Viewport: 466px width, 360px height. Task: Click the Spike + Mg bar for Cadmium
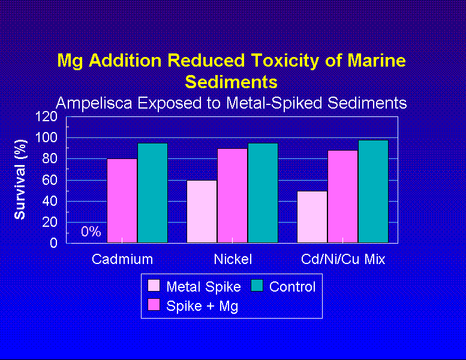122,200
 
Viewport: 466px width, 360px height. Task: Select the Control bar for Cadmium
152,193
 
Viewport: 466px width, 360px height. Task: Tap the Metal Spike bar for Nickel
202,211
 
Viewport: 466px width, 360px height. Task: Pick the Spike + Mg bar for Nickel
232,196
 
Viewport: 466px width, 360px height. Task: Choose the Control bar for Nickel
263,193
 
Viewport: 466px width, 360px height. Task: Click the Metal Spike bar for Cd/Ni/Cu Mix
312,217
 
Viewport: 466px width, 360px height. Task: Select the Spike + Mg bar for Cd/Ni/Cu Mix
342,196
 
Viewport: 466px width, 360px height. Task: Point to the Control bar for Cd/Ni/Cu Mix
373,191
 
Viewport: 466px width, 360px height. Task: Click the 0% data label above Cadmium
91,232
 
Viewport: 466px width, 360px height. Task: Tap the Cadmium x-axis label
122,259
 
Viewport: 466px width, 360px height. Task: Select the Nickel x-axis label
233,259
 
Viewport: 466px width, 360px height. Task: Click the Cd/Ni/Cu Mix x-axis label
343,259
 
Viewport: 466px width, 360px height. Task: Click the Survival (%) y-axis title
21,179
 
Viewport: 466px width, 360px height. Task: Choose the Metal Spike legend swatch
154,286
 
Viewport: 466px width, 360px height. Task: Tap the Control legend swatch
257,286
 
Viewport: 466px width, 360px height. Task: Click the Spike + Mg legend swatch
154,305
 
